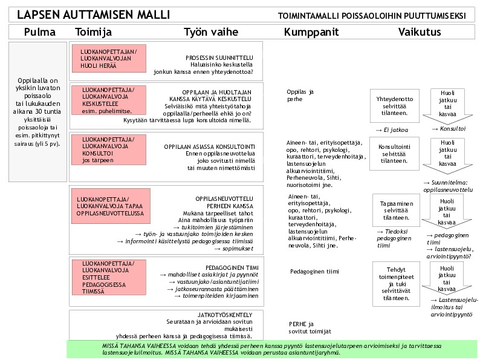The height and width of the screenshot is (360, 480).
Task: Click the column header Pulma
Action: point(39,32)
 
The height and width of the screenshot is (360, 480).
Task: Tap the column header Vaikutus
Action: point(420,32)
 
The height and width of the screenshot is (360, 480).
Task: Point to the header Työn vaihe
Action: point(210,32)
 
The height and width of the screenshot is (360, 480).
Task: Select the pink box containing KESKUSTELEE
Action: point(109,99)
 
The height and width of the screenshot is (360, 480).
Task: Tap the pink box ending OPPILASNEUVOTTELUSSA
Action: point(109,205)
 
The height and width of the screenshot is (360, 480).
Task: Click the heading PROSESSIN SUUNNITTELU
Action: point(219,57)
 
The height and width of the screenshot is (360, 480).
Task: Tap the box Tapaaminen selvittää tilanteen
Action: point(395,209)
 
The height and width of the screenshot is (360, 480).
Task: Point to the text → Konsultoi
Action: point(449,129)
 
